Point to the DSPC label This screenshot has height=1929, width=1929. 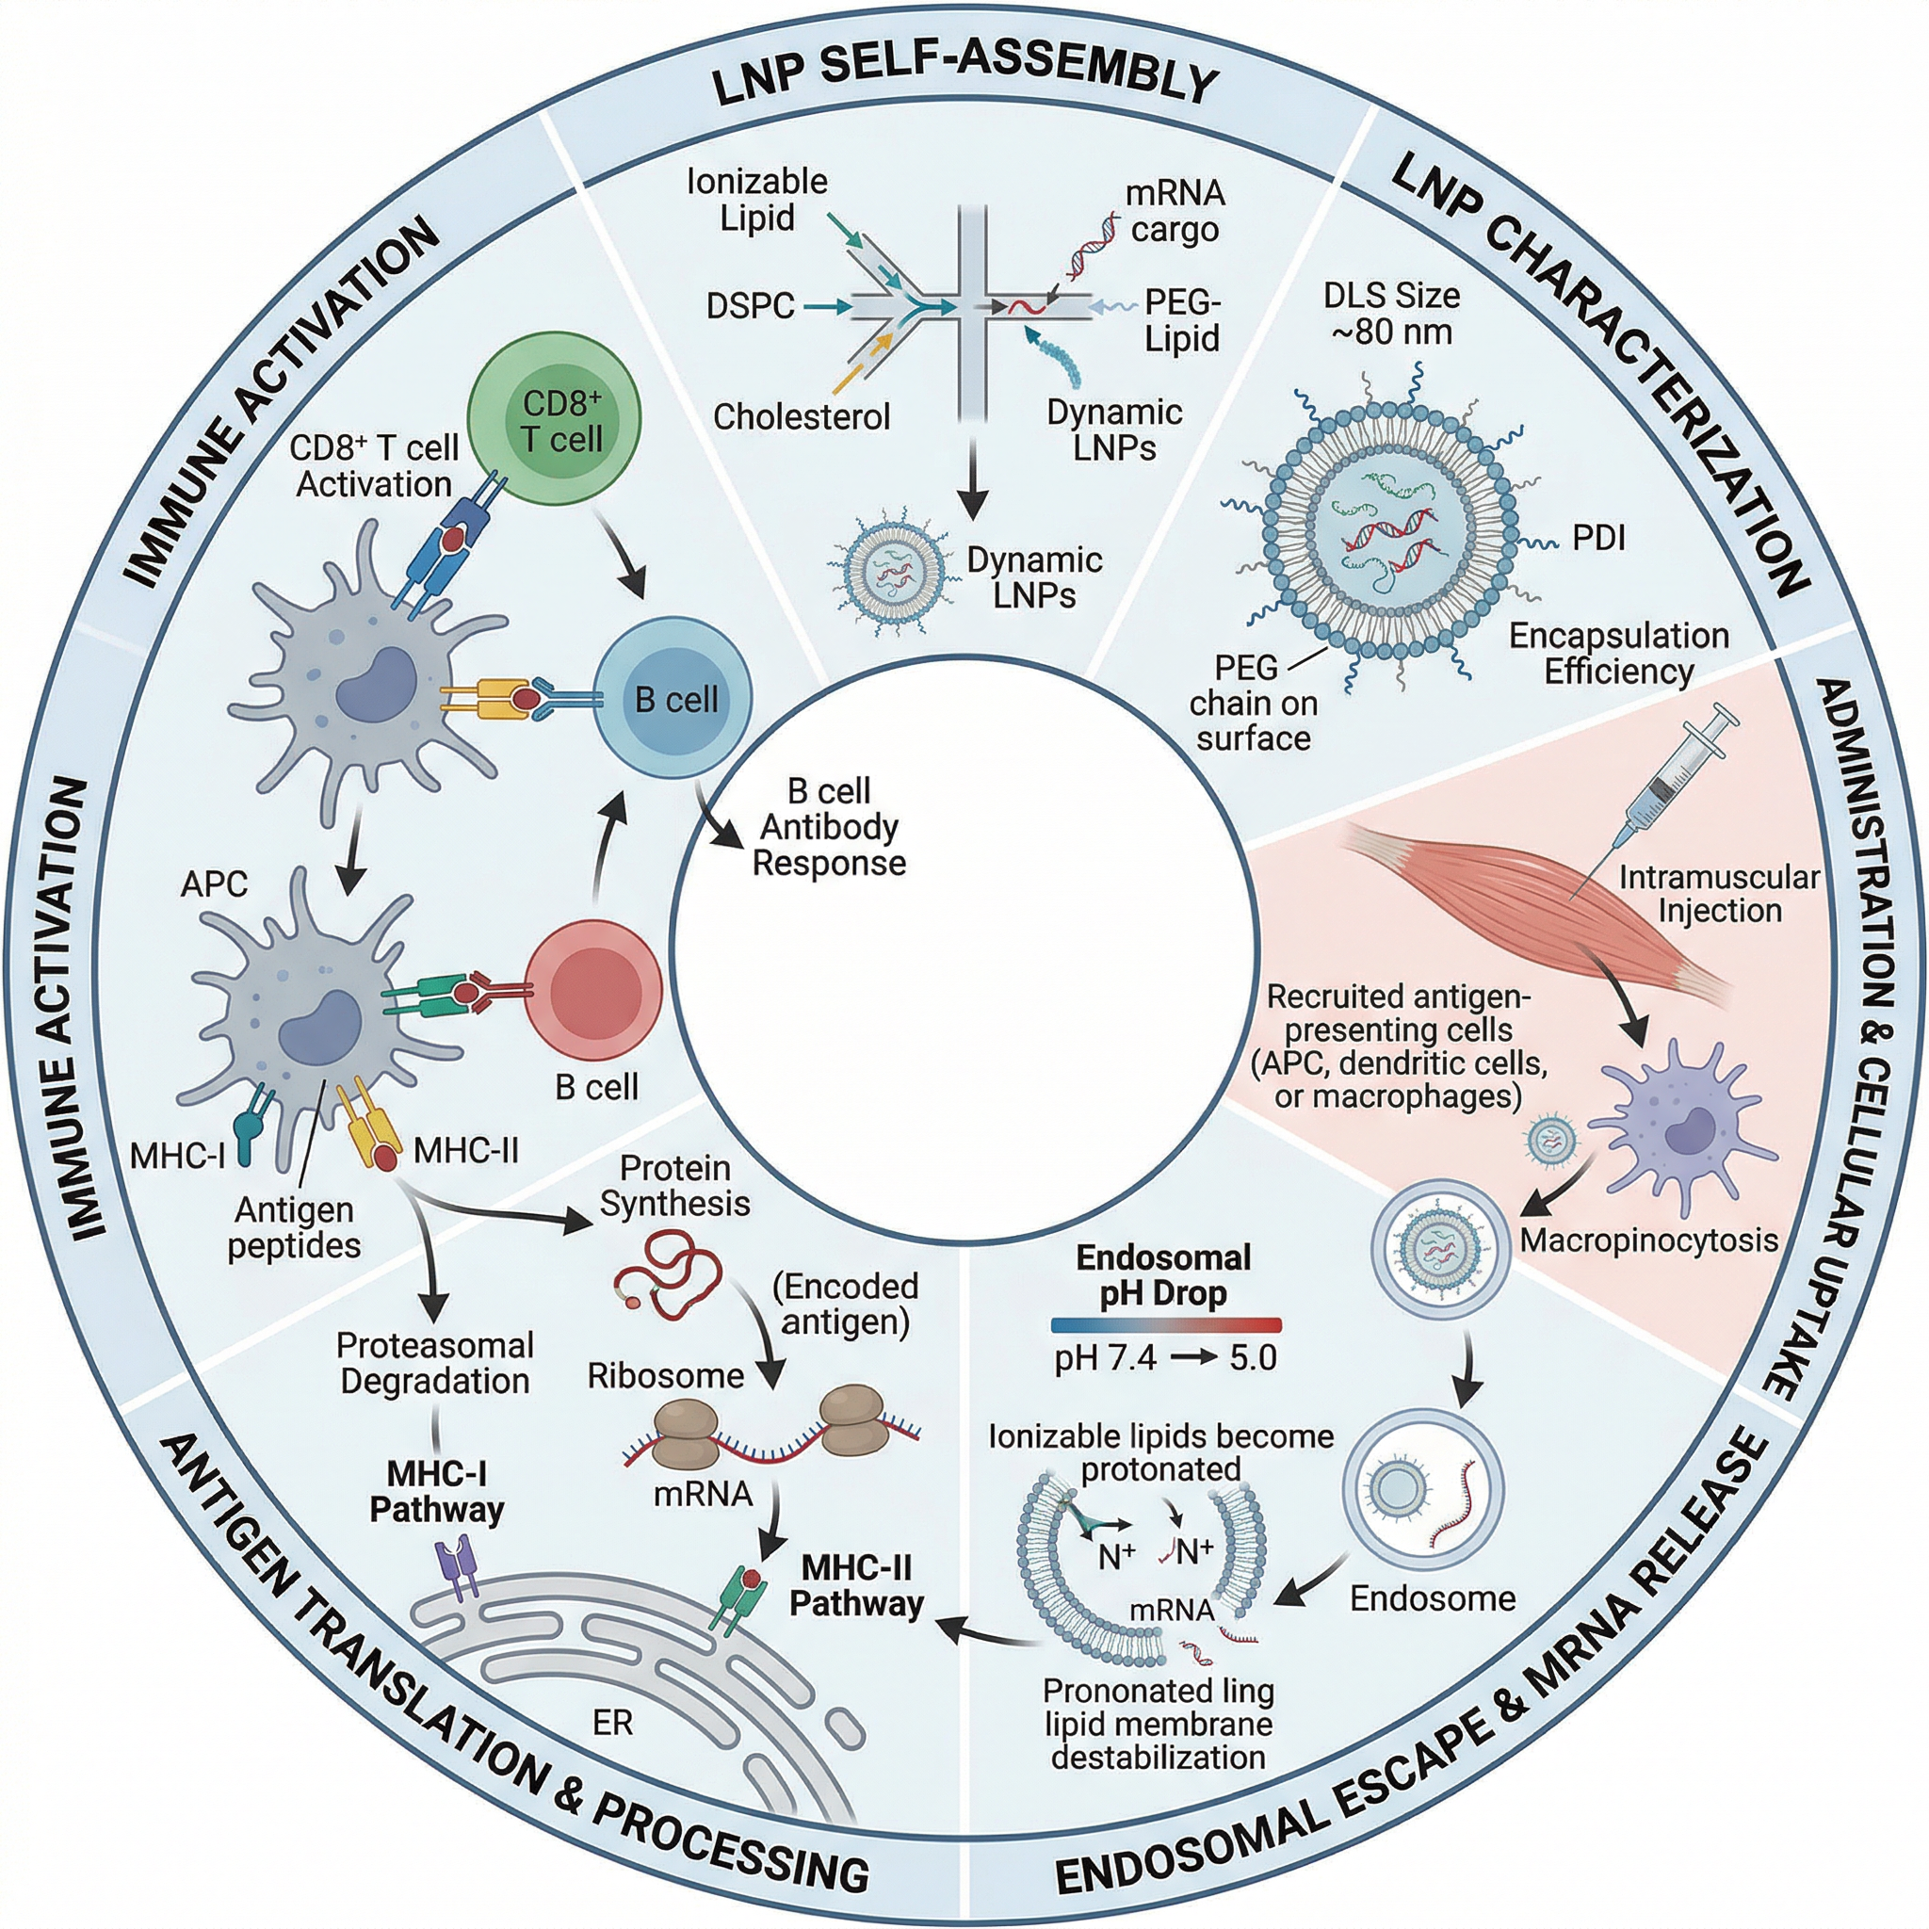pos(750,305)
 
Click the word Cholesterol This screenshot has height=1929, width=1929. pos(801,416)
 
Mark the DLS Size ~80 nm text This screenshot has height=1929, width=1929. pos(1391,313)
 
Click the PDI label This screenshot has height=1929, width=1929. pos(1598,539)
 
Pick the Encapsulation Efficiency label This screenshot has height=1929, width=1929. pos(1617,653)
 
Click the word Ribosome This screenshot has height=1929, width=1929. pos(665,1376)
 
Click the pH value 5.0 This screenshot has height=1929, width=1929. pos(1253,1358)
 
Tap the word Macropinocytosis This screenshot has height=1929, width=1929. pos(1648,1241)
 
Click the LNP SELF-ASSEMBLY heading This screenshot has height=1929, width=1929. pos(964,80)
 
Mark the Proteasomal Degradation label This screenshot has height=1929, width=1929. pos(434,1363)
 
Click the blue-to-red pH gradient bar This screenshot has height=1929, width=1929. pos(1165,1326)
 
